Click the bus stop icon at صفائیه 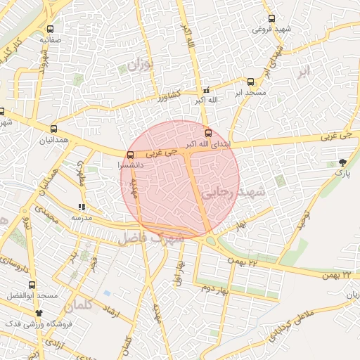pyautogui.click(x=50, y=30)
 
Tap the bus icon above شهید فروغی pyautogui.click(x=271, y=19)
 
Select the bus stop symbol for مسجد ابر pyautogui.click(x=251, y=82)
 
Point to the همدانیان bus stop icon pyautogui.click(x=54, y=129)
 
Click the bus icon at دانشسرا pyautogui.click(x=130, y=155)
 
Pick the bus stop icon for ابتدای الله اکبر pyautogui.click(x=207, y=133)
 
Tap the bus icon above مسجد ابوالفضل pyautogui.click(x=32, y=285)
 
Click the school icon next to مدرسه pyautogui.click(x=82, y=207)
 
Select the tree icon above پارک pyautogui.click(x=342, y=162)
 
